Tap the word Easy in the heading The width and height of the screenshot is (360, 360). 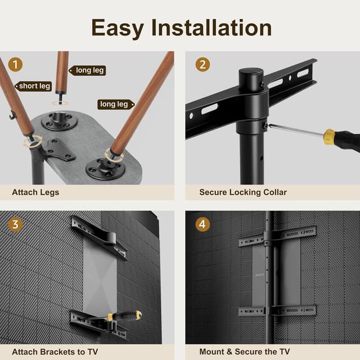(x=117, y=27)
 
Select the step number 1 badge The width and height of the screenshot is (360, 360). (x=16, y=65)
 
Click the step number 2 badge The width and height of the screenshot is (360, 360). (x=202, y=65)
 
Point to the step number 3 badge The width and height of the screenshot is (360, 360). (x=16, y=224)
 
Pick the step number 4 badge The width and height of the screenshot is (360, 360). (x=202, y=224)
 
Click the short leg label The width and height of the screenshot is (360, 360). (x=34, y=86)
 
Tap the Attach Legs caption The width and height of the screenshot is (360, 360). (x=35, y=192)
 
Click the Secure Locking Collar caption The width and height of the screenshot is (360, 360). (x=243, y=192)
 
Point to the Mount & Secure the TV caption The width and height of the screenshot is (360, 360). (x=245, y=352)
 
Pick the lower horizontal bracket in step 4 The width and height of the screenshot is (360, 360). (x=277, y=310)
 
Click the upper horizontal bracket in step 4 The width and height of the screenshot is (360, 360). (x=277, y=236)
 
